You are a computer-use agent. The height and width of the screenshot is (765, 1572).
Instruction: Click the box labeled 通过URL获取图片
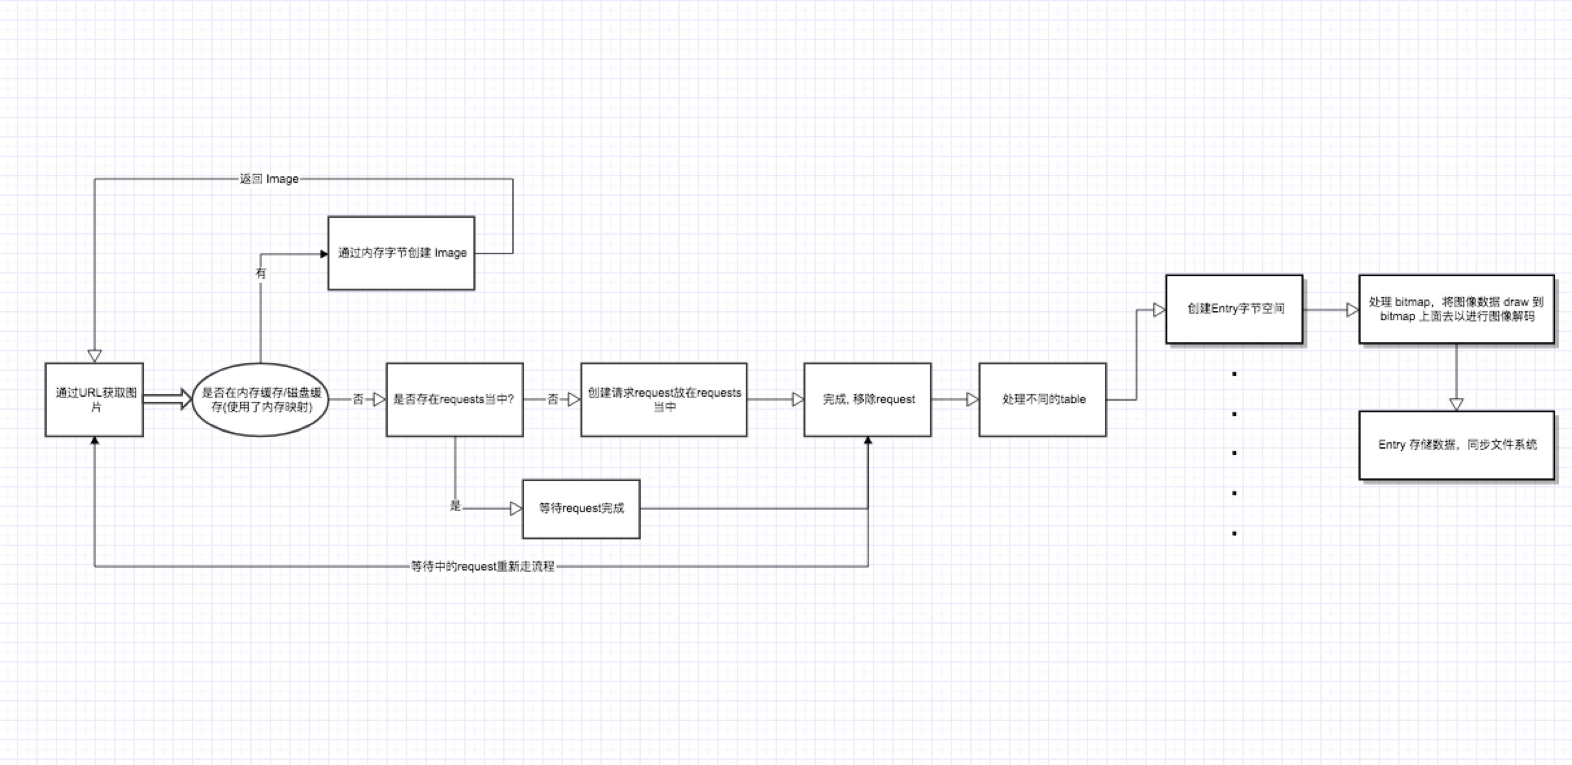coord(95,399)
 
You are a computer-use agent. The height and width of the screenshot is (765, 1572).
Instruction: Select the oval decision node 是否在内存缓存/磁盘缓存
coord(261,399)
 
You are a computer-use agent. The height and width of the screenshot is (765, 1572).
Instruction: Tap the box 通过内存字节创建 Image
coord(401,253)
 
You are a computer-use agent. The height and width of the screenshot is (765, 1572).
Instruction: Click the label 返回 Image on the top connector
coord(269,179)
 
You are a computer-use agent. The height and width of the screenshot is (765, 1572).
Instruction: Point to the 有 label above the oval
coord(261,274)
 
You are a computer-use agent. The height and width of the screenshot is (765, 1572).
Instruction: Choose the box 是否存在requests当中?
coord(454,399)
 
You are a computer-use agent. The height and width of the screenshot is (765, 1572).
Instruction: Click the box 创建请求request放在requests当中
coord(663,399)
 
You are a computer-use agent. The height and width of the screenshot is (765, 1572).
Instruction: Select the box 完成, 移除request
coord(868,399)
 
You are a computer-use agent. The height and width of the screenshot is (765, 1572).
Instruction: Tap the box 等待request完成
coord(581,509)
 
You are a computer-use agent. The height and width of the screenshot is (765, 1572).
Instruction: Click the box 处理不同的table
coord(1043,399)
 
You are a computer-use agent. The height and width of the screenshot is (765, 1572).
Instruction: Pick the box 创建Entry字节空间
coord(1234,309)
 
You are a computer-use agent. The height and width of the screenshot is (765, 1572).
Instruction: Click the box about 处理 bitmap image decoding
coord(1457,309)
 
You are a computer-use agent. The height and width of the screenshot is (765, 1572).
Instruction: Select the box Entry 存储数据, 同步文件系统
coord(1457,445)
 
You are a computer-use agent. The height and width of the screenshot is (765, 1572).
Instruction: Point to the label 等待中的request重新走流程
coord(482,567)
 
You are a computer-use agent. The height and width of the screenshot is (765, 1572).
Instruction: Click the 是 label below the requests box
coord(455,506)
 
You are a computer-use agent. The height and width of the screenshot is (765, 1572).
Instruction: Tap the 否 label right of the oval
coord(358,399)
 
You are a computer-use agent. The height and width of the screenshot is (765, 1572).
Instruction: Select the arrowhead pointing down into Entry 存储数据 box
coord(1457,404)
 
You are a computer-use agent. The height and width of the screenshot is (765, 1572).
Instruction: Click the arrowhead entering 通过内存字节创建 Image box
coord(324,254)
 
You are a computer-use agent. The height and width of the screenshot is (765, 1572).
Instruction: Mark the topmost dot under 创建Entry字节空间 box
coord(1234,374)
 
